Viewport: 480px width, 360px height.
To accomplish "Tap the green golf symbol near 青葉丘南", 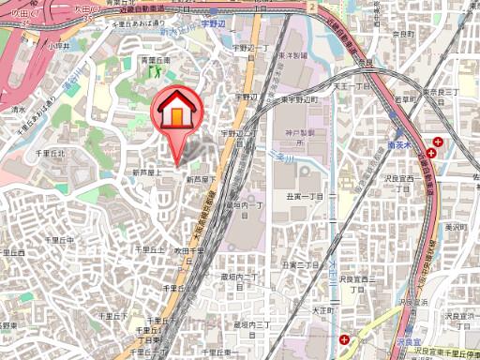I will tap(155, 68).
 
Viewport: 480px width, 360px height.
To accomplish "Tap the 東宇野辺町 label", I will tap(300, 97).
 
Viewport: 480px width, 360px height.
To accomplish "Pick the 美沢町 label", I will tap(457, 227).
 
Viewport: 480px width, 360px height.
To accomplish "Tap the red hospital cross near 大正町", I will tap(347, 339).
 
